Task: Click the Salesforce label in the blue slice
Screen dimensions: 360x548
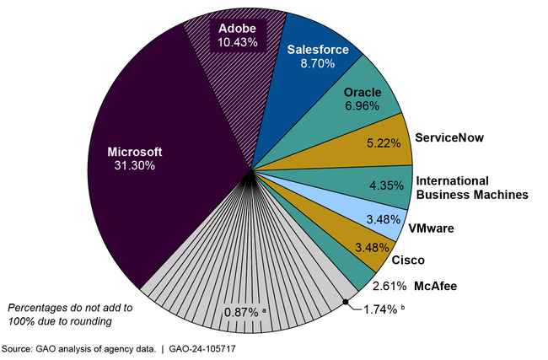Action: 318,50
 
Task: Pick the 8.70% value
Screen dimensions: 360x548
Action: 318,63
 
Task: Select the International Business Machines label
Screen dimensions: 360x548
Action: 471,187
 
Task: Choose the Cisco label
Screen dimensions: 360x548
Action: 408,261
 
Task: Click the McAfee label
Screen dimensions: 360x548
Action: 435,286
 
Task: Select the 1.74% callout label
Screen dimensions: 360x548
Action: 379,309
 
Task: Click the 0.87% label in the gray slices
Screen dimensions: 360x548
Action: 243,312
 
